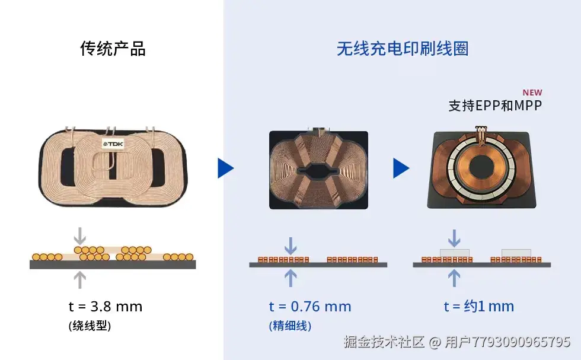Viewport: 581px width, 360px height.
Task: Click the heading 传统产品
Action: click(x=113, y=49)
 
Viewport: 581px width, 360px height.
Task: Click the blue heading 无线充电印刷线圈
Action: click(x=403, y=49)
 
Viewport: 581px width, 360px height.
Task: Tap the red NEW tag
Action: click(x=532, y=93)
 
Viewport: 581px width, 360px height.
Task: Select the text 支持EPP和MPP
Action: click(x=495, y=106)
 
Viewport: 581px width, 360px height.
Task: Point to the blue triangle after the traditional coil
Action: click(x=226, y=168)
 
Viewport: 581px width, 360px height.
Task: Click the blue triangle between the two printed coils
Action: click(x=401, y=168)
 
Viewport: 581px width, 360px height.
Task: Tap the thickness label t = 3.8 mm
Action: click(x=106, y=307)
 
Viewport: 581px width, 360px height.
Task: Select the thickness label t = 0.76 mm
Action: click(x=310, y=307)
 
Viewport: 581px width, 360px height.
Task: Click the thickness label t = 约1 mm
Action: click(x=479, y=307)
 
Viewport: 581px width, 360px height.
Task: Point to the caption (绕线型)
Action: click(x=90, y=326)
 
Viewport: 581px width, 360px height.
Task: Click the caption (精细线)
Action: click(x=290, y=326)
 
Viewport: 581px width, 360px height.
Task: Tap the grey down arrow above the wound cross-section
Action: click(x=79, y=235)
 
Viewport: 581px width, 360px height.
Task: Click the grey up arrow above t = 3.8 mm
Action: click(x=79, y=279)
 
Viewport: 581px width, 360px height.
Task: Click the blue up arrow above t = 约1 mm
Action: click(x=454, y=278)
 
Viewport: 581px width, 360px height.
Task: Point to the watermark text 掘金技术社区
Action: click(x=384, y=342)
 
